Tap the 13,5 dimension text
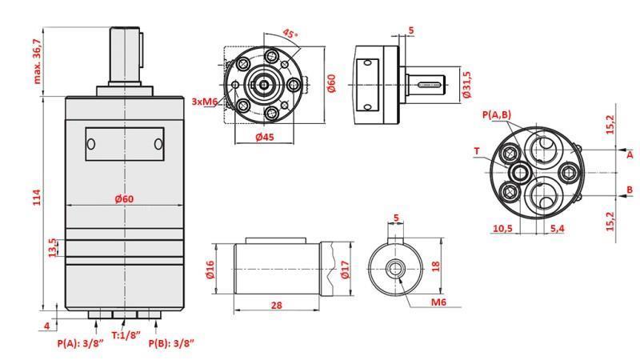click(53, 248)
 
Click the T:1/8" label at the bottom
click(126, 335)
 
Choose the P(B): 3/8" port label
click(171, 344)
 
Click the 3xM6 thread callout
click(204, 102)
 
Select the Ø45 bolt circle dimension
click(264, 137)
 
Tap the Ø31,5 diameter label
click(466, 83)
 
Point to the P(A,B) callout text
click(497, 115)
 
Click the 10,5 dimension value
click(502, 229)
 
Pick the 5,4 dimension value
click(558, 229)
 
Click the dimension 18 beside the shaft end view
click(435, 266)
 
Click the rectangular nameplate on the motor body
click(125, 144)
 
